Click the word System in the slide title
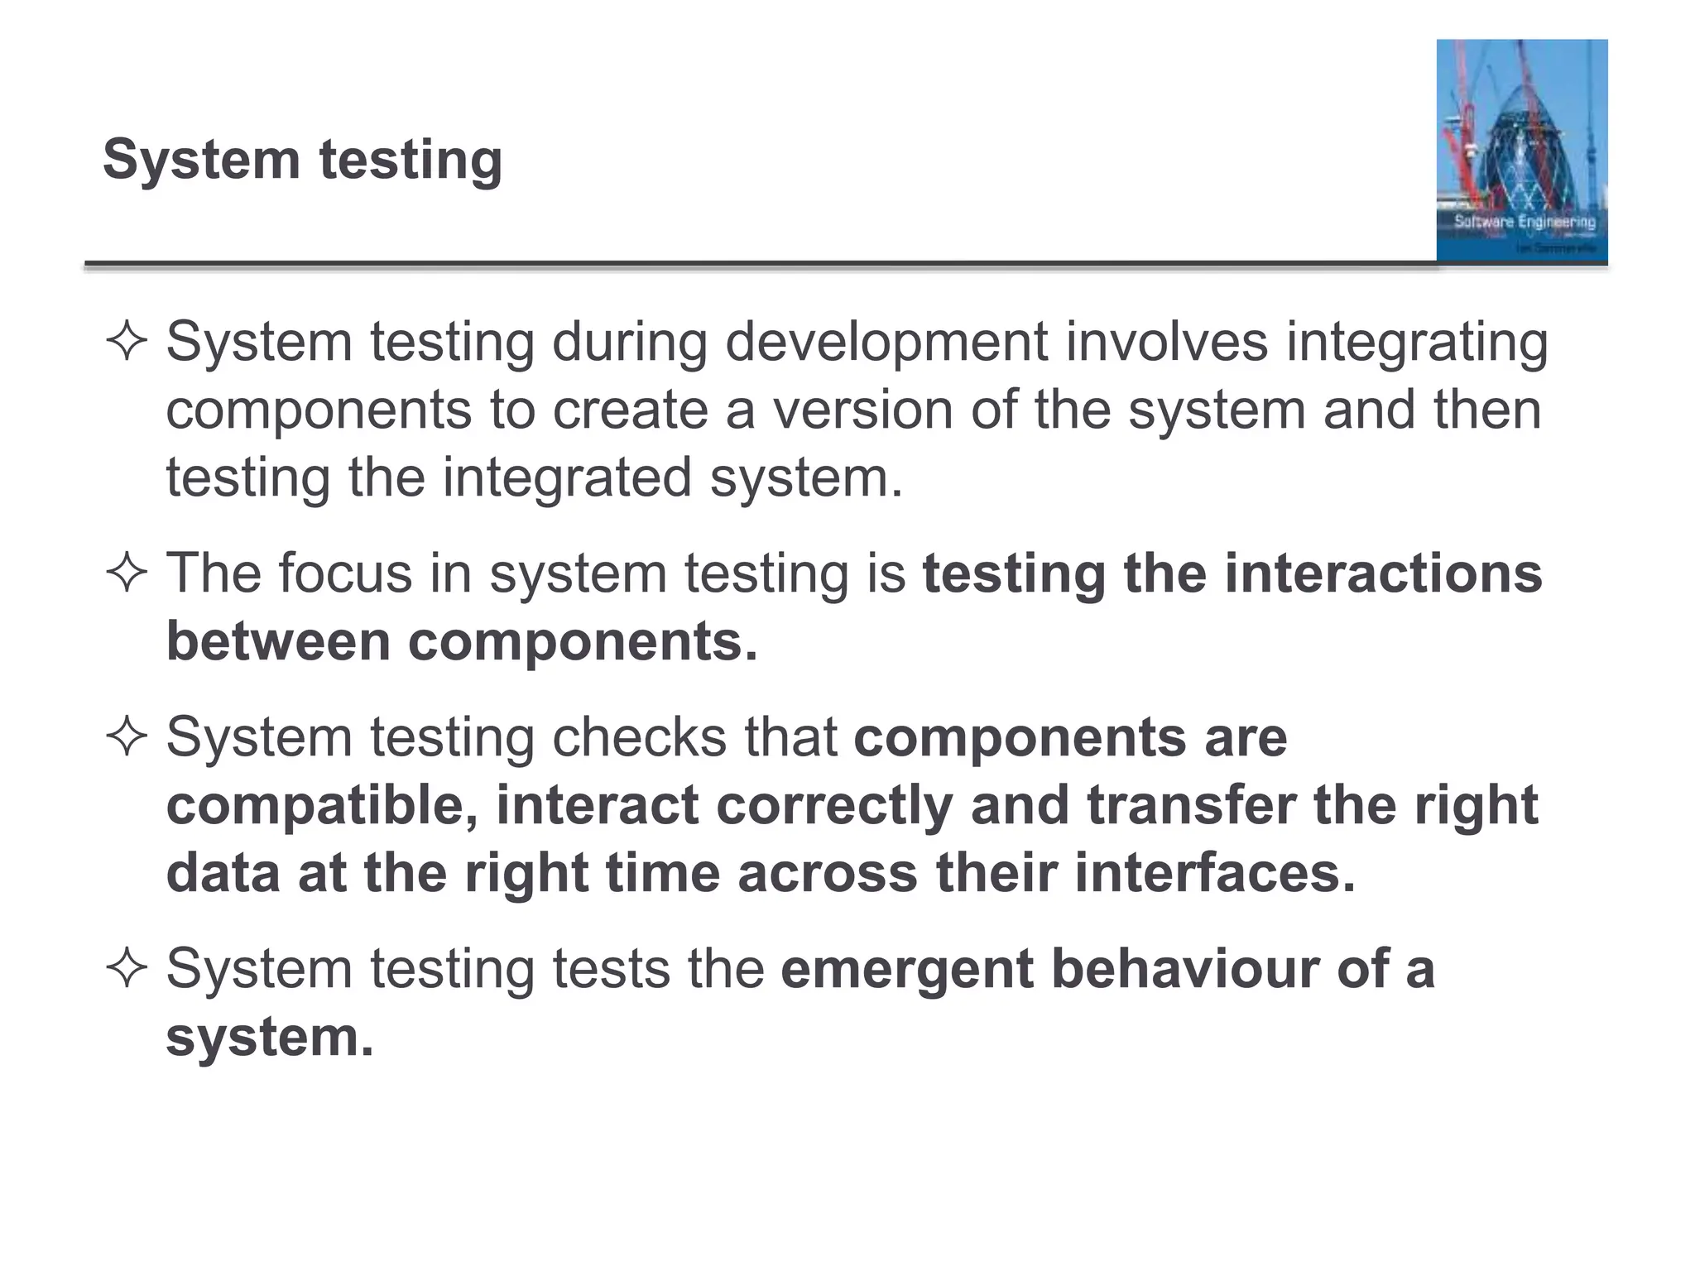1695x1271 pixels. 201,159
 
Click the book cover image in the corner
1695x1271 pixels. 1521,151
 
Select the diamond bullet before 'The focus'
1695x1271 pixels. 127,573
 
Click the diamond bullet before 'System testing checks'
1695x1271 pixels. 127,736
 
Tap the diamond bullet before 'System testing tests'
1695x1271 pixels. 127,968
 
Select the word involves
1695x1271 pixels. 1167,341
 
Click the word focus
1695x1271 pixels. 345,573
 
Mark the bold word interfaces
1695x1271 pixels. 1215,873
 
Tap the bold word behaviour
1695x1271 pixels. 1185,968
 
